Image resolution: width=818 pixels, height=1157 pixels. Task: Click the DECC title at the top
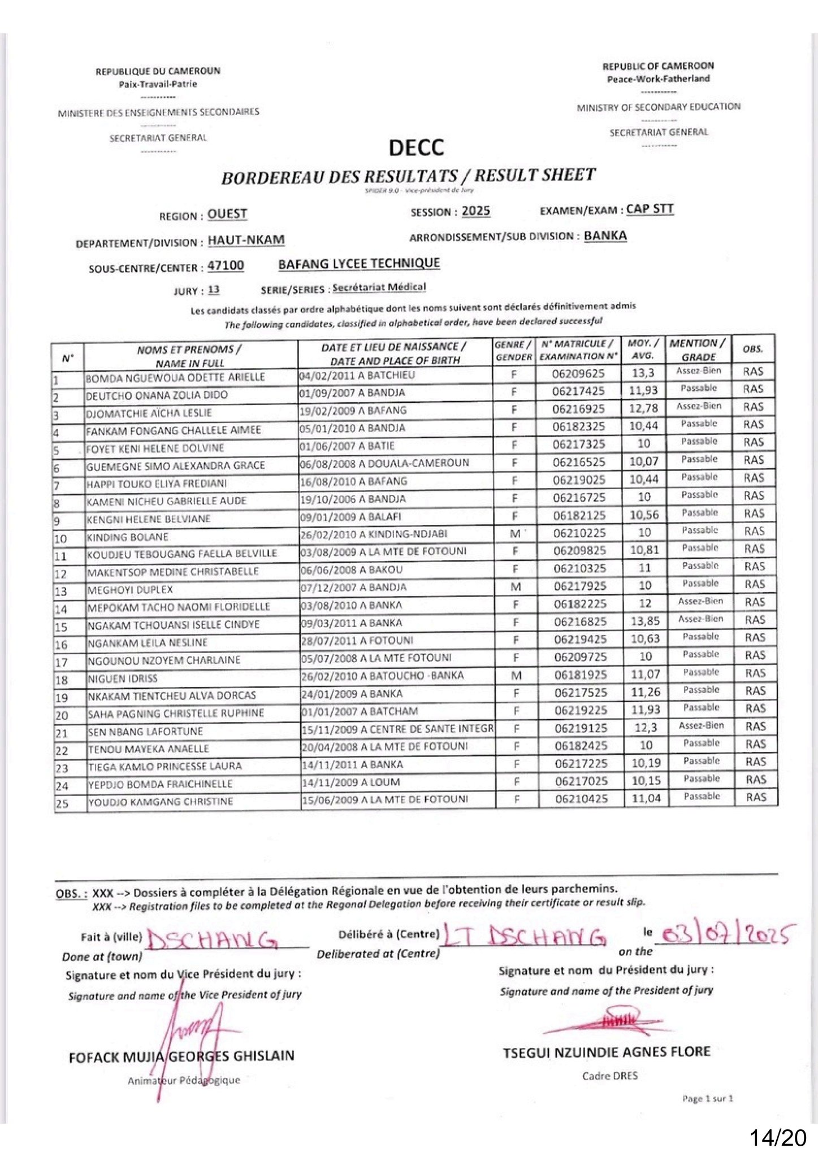pyautogui.click(x=416, y=148)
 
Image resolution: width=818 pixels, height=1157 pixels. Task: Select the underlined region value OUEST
pyautogui.click(x=227, y=214)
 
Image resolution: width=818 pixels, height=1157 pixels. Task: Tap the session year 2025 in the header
pyautogui.click(x=476, y=211)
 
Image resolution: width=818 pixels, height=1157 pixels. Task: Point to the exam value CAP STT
pyautogui.click(x=650, y=209)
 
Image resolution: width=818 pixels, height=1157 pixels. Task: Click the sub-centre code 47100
pyautogui.click(x=226, y=266)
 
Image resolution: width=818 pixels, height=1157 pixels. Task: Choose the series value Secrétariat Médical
pyautogui.click(x=379, y=288)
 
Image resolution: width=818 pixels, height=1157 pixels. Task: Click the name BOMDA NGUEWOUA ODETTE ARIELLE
pyautogui.click(x=175, y=377)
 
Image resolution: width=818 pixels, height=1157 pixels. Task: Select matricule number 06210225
pyautogui.click(x=579, y=533)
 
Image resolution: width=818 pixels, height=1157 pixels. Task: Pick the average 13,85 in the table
pyautogui.click(x=645, y=621)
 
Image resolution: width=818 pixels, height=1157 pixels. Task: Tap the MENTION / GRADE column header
pyautogui.click(x=698, y=350)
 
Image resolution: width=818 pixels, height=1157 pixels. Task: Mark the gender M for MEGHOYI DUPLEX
pyautogui.click(x=516, y=586)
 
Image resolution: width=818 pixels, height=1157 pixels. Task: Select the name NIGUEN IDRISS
pyautogui.click(x=123, y=678)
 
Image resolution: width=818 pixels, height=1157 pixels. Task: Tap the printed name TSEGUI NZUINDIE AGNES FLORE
pyautogui.click(x=607, y=1052)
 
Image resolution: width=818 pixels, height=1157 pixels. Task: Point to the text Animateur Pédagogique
pyautogui.click(x=184, y=1081)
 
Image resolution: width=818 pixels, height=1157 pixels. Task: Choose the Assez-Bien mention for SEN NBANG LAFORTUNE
pyautogui.click(x=701, y=725)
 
